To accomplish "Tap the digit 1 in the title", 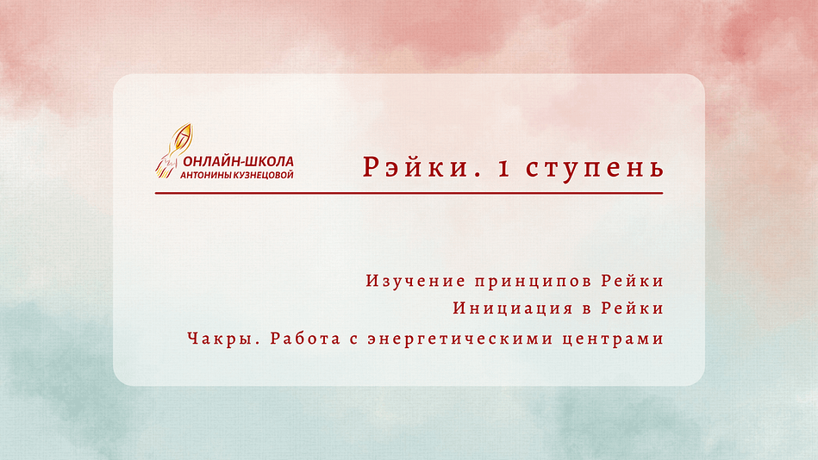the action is tap(504, 169).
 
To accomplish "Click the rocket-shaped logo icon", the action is tap(174, 151).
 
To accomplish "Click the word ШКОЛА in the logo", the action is tap(270, 162).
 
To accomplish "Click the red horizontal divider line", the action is tap(409, 193).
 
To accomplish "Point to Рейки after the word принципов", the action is tap(633, 281).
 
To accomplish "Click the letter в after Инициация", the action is tap(586, 310).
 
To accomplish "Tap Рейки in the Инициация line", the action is tap(633, 308).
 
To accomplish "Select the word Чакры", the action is tap(224, 339).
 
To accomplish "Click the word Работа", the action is tap(305, 339).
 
